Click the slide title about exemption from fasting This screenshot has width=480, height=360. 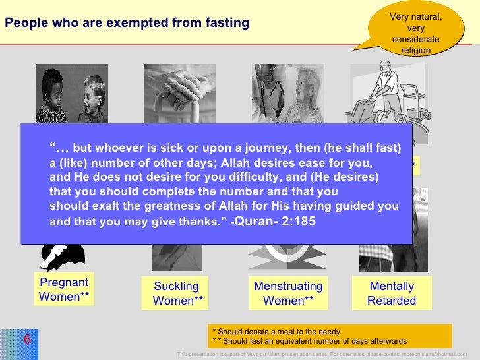click(x=127, y=24)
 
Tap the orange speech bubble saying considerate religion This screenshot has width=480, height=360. click(x=415, y=30)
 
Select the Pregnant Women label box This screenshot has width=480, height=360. click(x=64, y=289)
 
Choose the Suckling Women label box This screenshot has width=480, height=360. click(x=176, y=293)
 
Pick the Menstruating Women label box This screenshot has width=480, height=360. click(x=288, y=293)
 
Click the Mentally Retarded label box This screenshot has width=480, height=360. click(x=392, y=293)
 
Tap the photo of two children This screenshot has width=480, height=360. click(x=72, y=93)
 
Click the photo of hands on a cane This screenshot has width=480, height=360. click(x=180, y=93)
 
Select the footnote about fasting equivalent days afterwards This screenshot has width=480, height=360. click(x=310, y=341)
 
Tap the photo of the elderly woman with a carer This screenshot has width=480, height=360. click(x=287, y=93)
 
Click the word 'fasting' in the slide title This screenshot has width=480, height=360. click(x=226, y=24)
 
